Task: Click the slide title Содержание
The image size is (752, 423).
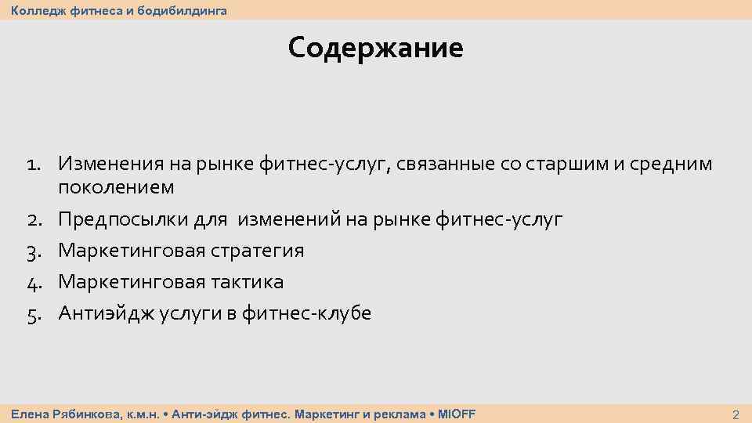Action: click(375, 49)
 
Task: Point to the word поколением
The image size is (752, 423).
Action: click(116, 188)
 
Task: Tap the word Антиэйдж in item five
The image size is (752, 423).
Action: click(107, 314)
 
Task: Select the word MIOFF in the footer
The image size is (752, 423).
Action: click(457, 414)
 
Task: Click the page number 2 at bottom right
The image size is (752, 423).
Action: click(735, 414)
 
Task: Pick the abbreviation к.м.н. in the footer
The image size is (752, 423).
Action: click(143, 414)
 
